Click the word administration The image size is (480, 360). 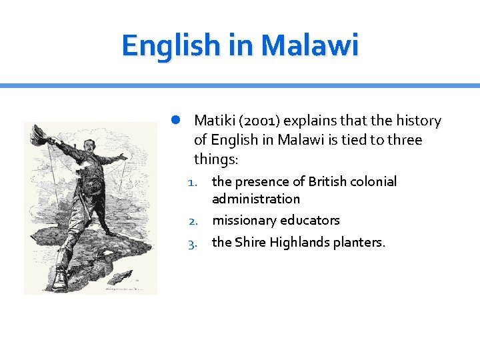coord(256,199)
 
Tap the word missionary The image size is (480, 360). coord(245,220)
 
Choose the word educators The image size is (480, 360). coord(311,220)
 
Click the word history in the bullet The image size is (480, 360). coord(419,121)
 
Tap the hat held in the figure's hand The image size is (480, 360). coord(37,133)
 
